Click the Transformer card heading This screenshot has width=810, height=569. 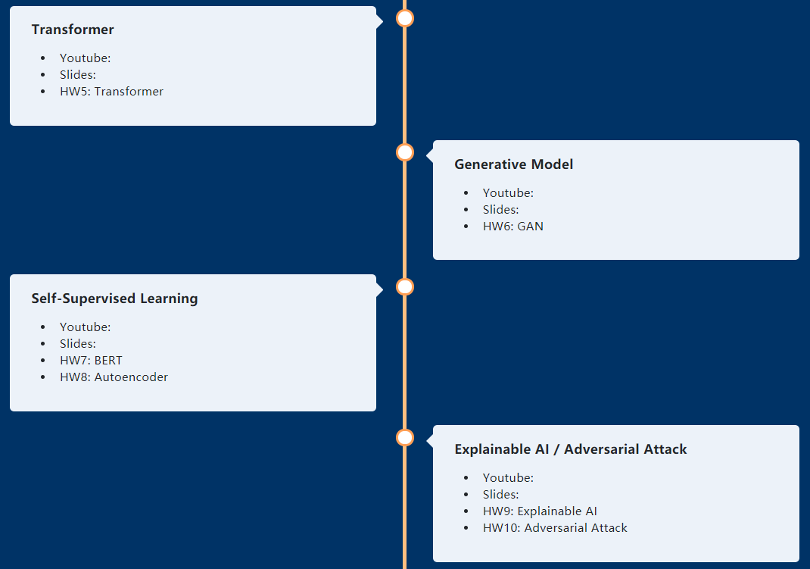click(73, 30)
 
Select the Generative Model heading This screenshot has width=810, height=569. click(513, 164)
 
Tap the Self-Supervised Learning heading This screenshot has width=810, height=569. click(114, 299)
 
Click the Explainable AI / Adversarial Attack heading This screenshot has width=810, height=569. click(570, 449)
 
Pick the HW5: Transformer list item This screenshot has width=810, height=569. click(111, 92)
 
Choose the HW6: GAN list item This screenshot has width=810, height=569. click(512, 227)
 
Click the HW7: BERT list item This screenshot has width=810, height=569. click(91, 361)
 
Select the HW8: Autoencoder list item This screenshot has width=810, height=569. click(114, 377)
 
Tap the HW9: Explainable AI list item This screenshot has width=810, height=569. click(540, 511)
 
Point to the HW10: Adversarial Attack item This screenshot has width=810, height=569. click(555, 528)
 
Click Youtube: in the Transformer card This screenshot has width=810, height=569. click(85, 58)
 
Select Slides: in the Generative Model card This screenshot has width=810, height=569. click(500, 210)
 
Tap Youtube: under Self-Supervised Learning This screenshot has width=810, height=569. click(85, 327)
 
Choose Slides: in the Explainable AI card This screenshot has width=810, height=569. click(500, 495)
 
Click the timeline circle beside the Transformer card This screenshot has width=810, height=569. click(405, 18)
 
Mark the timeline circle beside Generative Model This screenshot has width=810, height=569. click(405, 152)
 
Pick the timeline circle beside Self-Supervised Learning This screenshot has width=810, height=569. click(405, 286)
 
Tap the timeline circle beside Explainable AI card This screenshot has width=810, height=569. click(405, 437)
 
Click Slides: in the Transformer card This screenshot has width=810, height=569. click(77, 75)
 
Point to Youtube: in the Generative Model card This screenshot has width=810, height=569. click(508, 193)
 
